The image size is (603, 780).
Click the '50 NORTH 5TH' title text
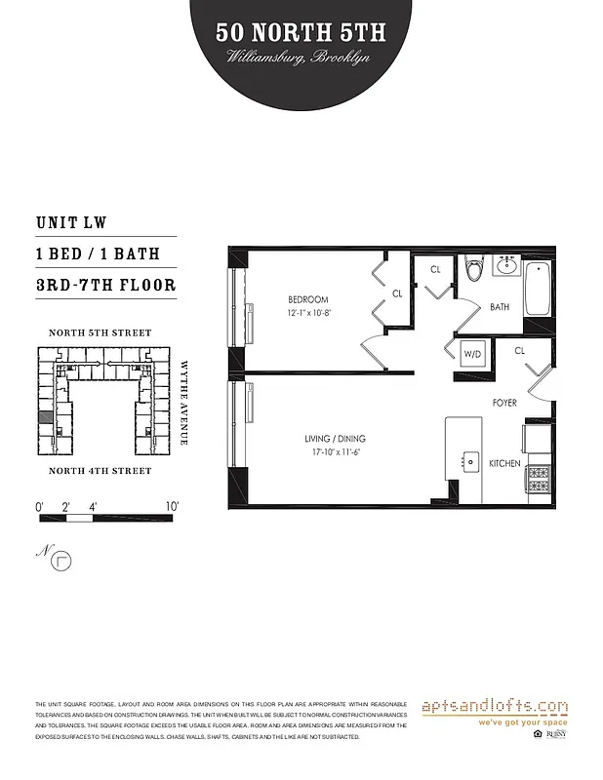301,32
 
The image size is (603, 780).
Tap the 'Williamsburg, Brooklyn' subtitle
301,58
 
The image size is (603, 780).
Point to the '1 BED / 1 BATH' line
96,254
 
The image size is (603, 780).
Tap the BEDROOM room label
307,298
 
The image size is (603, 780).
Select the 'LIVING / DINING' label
335,439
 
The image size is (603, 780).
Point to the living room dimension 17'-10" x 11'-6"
335,452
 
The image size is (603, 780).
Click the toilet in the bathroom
474,266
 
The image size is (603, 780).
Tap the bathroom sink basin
506,263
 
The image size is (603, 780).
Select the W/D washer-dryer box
472,353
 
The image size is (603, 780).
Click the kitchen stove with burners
539,479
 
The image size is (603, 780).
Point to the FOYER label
505,402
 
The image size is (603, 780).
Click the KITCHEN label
504,463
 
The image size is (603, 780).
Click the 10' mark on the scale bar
172,506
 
